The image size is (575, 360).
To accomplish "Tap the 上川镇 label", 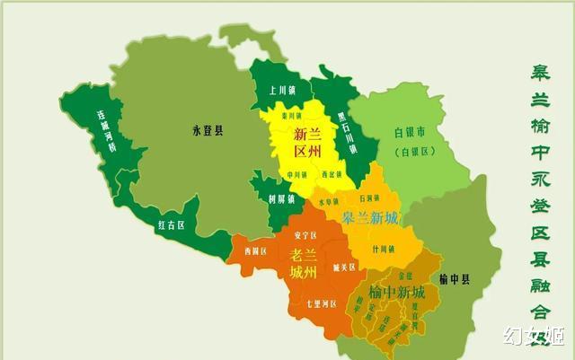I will point(276,89).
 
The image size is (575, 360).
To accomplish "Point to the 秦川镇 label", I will point(290,117).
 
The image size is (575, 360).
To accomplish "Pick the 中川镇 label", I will point(296,174).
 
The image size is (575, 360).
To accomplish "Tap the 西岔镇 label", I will point(332,175).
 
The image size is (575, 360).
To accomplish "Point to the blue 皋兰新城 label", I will point(370,217).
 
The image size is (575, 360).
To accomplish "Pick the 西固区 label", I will point(257,251).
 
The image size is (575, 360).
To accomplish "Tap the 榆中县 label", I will point(456,280).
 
